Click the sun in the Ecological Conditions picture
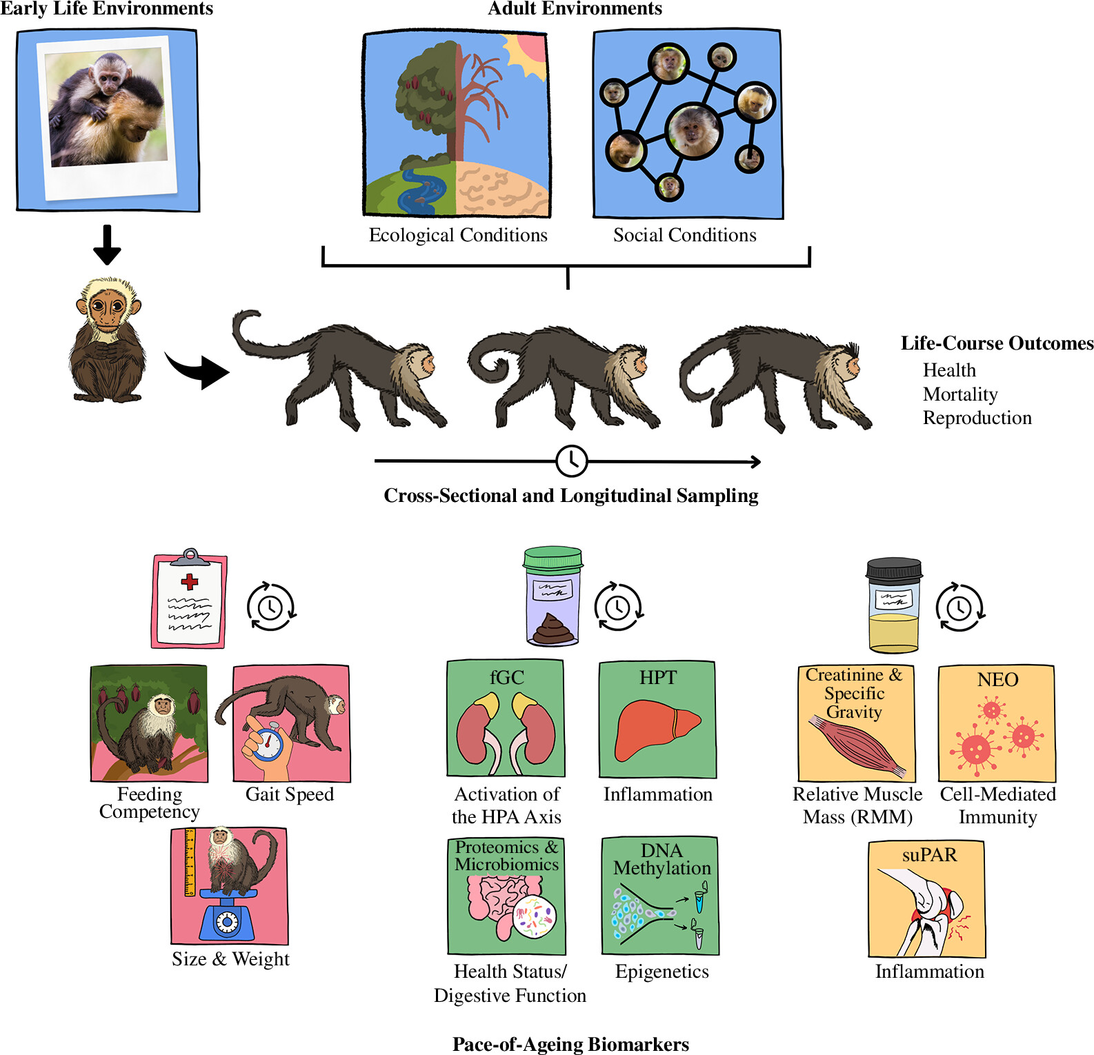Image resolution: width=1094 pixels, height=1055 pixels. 528,52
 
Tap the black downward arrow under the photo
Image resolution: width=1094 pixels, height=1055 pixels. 107,245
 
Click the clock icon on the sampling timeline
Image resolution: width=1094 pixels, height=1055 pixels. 571,461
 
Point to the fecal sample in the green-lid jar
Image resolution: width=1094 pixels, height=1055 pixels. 552,628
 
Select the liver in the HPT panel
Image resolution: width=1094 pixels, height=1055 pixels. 655,727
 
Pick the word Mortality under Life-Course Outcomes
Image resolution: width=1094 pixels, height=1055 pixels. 960,394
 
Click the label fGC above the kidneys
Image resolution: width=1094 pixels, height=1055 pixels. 506,678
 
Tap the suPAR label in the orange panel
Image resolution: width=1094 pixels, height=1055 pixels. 929,855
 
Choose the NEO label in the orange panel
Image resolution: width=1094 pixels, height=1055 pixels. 997,680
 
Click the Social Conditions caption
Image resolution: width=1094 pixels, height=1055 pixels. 684,235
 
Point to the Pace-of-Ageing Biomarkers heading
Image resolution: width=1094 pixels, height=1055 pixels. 570,1044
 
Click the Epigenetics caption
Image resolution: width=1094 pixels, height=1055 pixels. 662,972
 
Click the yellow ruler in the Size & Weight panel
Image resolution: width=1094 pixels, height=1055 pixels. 190,862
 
